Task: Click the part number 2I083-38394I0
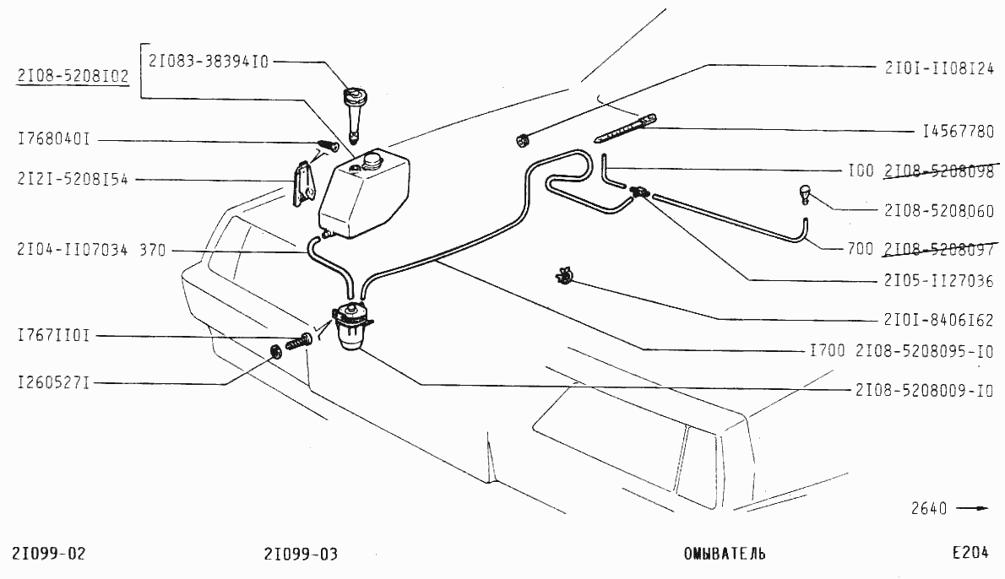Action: [209, 61]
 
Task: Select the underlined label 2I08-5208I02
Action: [72, 77]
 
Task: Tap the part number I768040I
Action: [54, 139]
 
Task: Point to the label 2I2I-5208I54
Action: [72, 180]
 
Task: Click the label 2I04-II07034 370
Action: [91, 250]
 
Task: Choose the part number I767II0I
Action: [54, 336]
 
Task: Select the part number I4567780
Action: [958, 132]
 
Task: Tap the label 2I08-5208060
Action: [939, 211]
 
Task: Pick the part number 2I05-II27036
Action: [939, 281]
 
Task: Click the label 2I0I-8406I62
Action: [939, 320]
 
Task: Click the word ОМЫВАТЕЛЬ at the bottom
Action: [725, 555]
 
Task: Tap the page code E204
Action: [970, 554]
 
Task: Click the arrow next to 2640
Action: [975, 509]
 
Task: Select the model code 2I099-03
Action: [301, 555]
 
